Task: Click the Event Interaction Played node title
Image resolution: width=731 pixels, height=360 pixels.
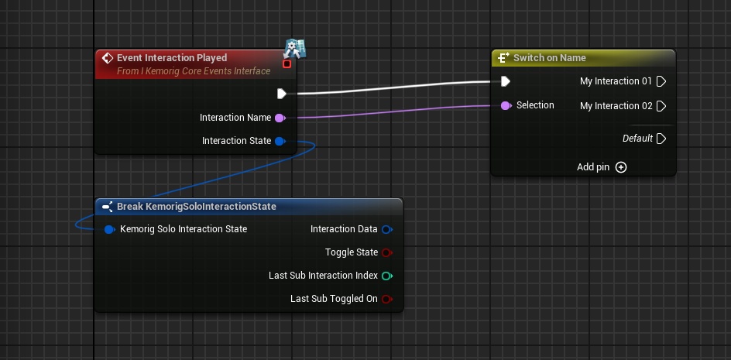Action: coord(172,58)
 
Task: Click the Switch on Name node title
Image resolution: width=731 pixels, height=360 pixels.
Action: coord(549,58)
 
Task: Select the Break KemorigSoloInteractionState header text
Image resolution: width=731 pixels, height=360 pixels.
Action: coord(196,207)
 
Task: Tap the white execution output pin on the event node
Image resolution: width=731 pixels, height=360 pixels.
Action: coord(282,94)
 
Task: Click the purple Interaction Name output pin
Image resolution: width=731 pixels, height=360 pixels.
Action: coord(280,118)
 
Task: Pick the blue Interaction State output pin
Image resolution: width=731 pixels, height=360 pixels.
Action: coord(280,141)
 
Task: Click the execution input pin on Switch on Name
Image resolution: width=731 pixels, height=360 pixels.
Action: coord(505,81)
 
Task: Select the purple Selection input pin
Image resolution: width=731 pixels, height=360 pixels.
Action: coord(506,105)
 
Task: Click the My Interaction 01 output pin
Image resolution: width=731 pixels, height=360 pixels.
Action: coord(661,81)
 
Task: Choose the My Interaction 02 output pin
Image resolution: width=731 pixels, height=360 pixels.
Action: coord(661,106)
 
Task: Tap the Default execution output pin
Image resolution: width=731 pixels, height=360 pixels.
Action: coord(661,139)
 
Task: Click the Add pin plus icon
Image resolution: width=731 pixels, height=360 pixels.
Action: coord(621,167)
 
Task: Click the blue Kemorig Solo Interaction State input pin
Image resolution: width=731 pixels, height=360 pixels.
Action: coord(109,229)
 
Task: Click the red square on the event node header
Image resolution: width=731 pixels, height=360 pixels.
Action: coord(287,64)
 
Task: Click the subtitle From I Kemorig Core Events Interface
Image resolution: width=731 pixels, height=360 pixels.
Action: coord(194,71)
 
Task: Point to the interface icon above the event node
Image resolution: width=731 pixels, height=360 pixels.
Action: coord(294,48)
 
